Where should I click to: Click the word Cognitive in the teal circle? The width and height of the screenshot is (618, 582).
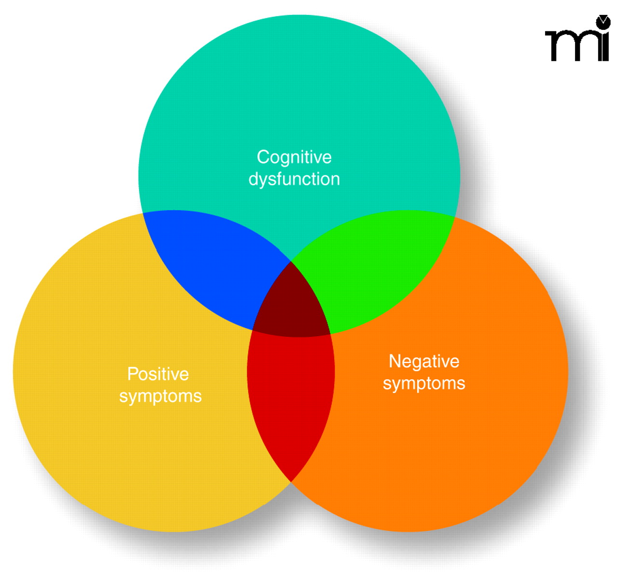294,157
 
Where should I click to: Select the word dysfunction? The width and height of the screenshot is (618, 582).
294,179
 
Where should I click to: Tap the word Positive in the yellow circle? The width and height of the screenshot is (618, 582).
158,374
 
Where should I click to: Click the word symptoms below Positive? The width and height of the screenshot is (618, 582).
160,397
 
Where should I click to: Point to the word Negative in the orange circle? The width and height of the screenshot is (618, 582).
424,361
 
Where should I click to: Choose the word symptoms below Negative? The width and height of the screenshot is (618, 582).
424,383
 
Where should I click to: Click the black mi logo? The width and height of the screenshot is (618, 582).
577,41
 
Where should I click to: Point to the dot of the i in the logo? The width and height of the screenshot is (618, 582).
603,22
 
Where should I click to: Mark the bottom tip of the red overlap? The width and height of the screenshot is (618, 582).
291,481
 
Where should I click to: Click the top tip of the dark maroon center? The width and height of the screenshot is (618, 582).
291,262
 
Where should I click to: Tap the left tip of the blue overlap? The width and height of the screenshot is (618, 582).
144,213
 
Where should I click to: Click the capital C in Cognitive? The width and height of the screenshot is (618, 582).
264,157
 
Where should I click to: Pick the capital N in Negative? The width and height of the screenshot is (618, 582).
394,361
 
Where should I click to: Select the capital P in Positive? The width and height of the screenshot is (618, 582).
132,374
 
